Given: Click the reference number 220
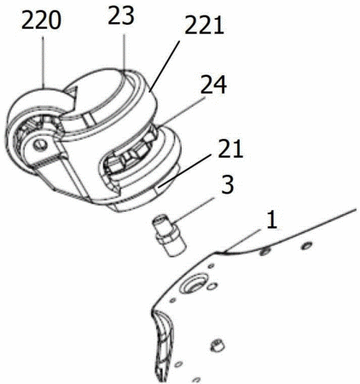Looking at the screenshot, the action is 41,21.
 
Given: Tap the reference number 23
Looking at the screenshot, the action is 121,16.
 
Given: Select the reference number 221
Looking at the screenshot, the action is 204,26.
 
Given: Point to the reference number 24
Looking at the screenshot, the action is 214,84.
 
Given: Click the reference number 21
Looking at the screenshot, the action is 230,148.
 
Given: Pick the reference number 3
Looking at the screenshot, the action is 228,184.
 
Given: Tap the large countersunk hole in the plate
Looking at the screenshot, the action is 195,282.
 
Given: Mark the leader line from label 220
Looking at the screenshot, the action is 44,62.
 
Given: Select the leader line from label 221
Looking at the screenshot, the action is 165,66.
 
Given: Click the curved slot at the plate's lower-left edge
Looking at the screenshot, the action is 163,344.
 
